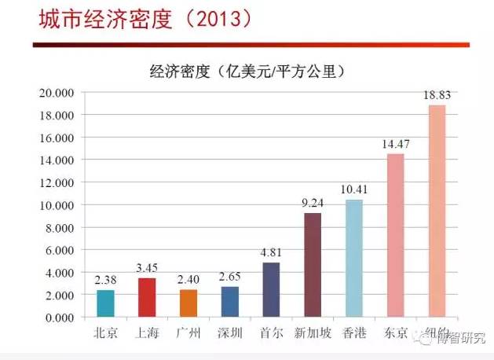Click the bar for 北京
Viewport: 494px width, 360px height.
point(105,303)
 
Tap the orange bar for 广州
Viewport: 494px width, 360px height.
point(188,303)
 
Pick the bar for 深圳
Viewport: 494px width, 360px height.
point(229,302)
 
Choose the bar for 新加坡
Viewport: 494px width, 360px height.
point(313,265)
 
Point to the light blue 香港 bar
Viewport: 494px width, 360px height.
point(354,259)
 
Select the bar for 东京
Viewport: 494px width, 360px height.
point(396,235)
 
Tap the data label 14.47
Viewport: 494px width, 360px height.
point(396,145)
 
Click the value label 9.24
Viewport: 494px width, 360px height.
point(313,204)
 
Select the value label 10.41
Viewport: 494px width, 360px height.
point(354,189)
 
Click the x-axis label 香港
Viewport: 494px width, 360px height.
point(354,332)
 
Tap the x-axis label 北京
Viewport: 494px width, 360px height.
point(105,332)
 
